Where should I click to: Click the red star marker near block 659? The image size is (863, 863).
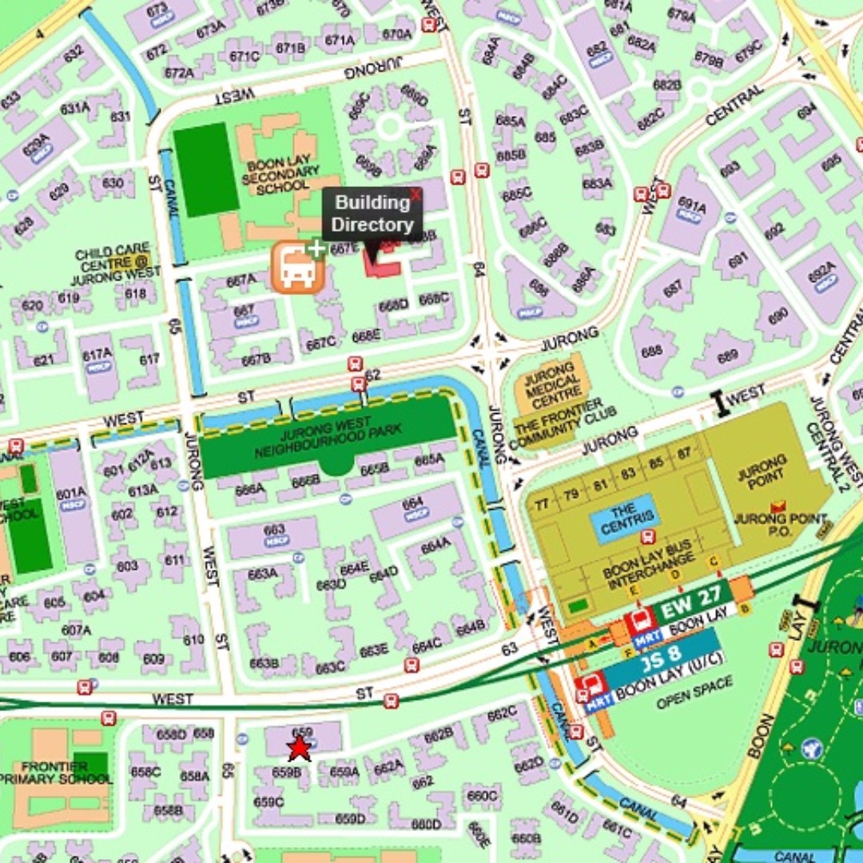pyautogui.click(x=299, y=748)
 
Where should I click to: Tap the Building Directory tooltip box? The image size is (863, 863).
pyautogui.click(x=372, y=213)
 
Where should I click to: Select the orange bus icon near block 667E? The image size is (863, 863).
pyautogui.click(x=298, y=268)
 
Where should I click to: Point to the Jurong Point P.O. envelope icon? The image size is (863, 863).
pyautogui.click(x=777, y=505)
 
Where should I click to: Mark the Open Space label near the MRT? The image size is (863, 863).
pyautogui.click(x=694, y=692)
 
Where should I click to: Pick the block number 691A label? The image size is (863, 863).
pyautogui.click(x=692, y=206)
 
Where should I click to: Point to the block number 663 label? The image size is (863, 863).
pyautogui.click(x=274, y=530)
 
